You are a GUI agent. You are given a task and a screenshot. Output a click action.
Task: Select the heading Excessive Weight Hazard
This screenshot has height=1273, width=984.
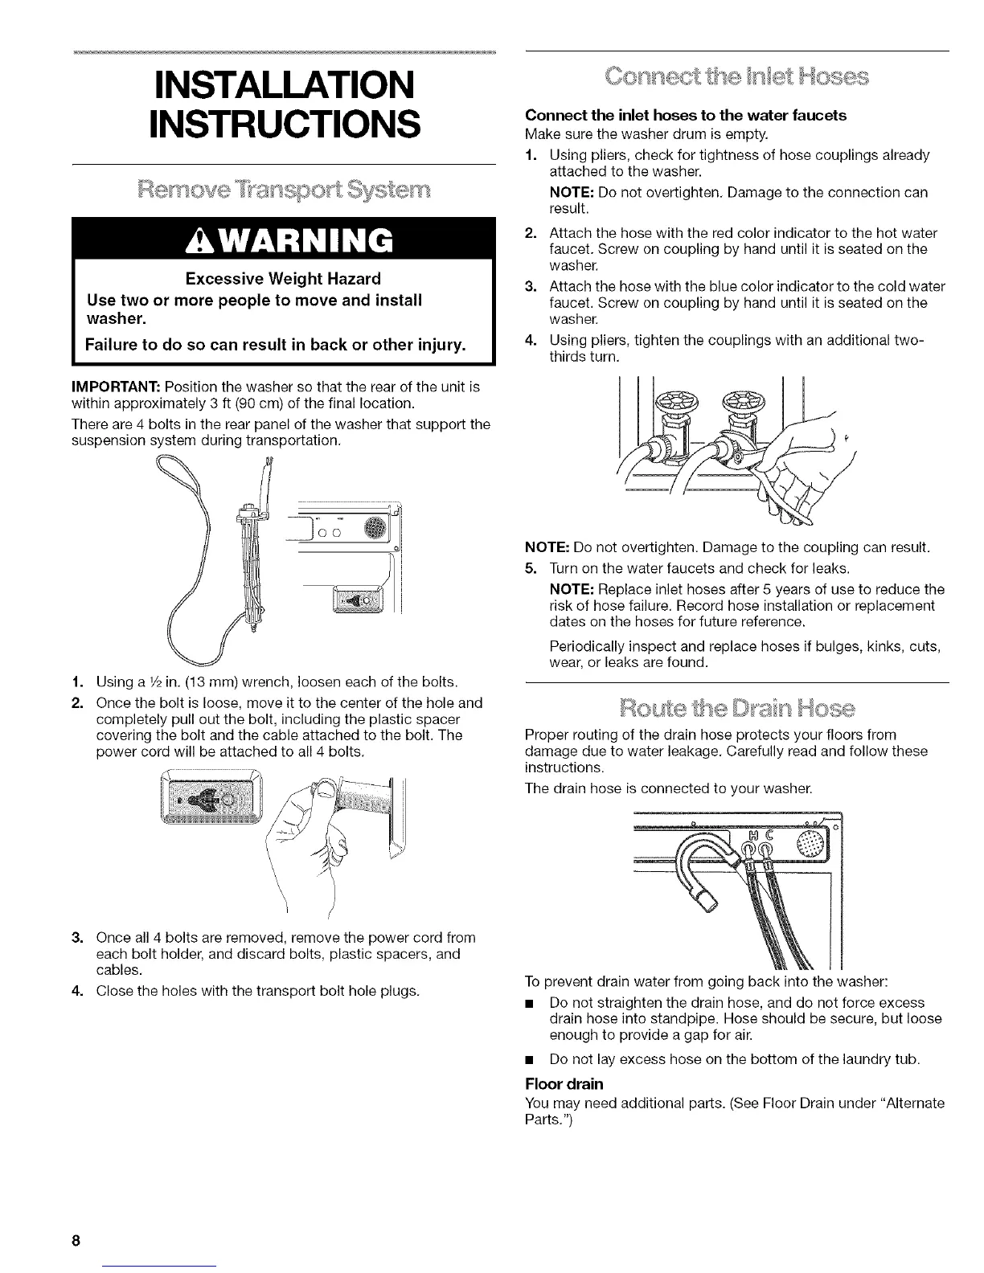click(x=283, y=279)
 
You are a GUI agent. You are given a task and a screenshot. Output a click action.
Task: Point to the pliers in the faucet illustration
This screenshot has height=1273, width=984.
click(x=772, y=482)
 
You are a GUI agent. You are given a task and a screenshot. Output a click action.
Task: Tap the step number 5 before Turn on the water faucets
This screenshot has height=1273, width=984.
click(x=531, y=568)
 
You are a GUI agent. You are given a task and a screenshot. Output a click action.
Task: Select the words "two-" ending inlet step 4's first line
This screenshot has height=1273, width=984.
click(x=908, y=341)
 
